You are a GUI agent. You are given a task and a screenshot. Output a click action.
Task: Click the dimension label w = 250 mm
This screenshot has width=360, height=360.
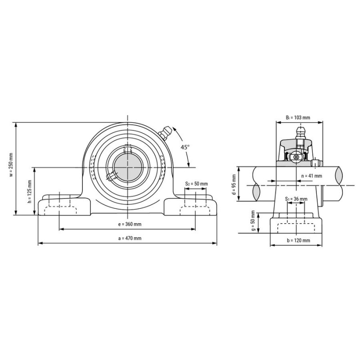[11, 164]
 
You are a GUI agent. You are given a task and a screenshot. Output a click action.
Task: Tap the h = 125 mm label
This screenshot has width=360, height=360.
[29, 192]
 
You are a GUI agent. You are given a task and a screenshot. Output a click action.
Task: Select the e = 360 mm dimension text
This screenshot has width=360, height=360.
[130, 224]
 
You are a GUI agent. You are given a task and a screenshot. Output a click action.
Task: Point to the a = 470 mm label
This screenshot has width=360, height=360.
[130, 238]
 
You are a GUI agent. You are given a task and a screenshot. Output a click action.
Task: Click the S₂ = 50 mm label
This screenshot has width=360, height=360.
[196, 184]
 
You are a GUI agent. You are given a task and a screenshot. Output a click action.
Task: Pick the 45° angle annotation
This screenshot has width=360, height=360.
[185, 147]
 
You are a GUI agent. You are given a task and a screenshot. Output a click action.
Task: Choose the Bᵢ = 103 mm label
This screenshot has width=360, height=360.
[298, 117]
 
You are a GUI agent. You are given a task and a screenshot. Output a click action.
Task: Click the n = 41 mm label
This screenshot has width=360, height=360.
[311, 176]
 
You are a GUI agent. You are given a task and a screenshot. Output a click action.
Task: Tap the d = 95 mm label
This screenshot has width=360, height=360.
[234, 184]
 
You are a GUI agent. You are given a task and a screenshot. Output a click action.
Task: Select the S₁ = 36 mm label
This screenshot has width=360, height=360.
[296, 199]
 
